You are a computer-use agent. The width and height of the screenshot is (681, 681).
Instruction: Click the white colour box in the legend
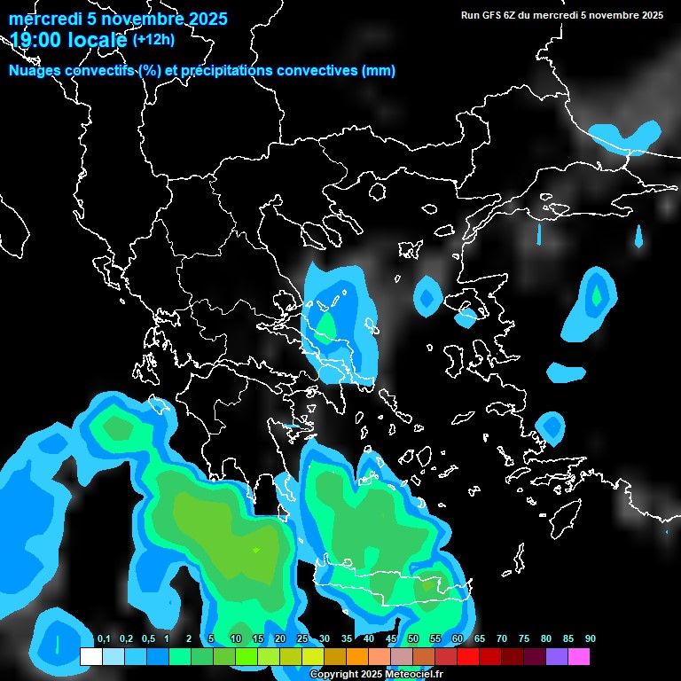click(x=91, y=657)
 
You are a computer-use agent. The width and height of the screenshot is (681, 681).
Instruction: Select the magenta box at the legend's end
click(x=579, y=657)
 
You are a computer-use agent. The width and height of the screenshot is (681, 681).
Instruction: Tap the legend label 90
click(x=591, y=639)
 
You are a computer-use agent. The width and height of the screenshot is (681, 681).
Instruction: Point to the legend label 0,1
click(x=103, y=639)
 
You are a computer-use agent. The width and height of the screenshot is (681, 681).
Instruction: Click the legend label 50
click(x=413, y=639)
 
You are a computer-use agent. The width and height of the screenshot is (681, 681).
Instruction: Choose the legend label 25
click(x=302, y=639)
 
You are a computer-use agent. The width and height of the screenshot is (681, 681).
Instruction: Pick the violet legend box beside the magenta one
click(x=557, y=657)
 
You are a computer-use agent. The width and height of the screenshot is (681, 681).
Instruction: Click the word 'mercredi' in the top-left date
click(x=41, y=19)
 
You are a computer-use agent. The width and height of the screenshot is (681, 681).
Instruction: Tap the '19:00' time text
click(x=35, y=39)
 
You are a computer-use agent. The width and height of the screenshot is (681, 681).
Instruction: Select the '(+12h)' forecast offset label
click(x=154, y=39)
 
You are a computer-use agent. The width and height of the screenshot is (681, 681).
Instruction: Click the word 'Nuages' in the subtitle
click(x=34, y=71)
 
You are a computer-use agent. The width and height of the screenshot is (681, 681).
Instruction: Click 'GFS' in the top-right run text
click(x=493, y=15)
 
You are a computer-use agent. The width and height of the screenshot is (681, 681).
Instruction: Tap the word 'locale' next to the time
click(x=95, y=39)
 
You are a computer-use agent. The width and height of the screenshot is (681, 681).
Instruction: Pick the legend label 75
click(x=524, y=639)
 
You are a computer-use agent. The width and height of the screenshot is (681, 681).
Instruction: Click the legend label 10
click(x=236, y=639)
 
